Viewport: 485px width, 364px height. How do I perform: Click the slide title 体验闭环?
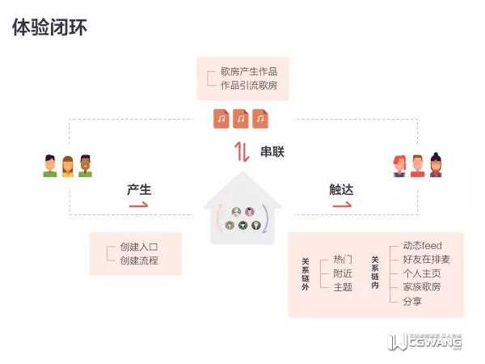[x=50, y=28]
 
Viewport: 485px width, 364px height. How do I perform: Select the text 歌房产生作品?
[x=248, y=71]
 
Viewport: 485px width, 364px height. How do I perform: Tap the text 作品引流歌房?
[x=248, y=85]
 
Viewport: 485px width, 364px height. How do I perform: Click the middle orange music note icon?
[x=241, y=119]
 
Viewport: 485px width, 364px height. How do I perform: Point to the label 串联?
[x=272, y=151]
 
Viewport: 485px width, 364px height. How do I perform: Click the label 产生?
[x=139, y=189]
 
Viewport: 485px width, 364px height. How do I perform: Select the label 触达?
[x=341, y=189]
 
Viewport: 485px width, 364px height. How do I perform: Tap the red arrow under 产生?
[x=139, y=205]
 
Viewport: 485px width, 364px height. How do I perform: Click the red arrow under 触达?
[x=341, y=205]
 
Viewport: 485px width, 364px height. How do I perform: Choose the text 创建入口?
[x=139, y=247]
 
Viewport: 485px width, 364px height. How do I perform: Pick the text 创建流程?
[x=139, y=260]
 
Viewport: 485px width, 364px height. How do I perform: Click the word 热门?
[x=343, y=260]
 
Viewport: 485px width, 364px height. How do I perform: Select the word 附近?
[x=343, y=273]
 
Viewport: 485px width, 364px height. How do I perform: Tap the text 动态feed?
[x=422, y=245]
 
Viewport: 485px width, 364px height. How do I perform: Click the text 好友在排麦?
[x=426, y=259]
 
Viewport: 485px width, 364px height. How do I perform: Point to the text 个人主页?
[x=422, y=273]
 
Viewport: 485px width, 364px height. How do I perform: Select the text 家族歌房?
[x=422, y=286]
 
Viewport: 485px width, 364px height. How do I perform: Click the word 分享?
[x=412, y=301]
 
